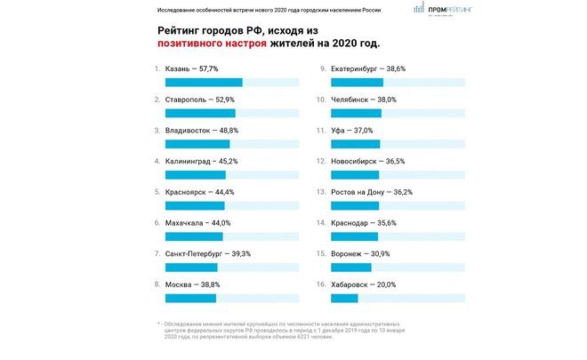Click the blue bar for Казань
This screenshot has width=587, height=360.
tap(204, 83)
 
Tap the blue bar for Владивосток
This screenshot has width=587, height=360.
tap(197, 144)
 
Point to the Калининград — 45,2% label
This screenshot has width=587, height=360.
tap(202, 161)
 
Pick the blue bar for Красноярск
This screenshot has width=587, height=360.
tap(195, 206)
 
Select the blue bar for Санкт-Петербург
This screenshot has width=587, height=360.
tap(191, 268)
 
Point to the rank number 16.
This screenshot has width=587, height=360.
tap(322, 284)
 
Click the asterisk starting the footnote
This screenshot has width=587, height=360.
tap(157, 324)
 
